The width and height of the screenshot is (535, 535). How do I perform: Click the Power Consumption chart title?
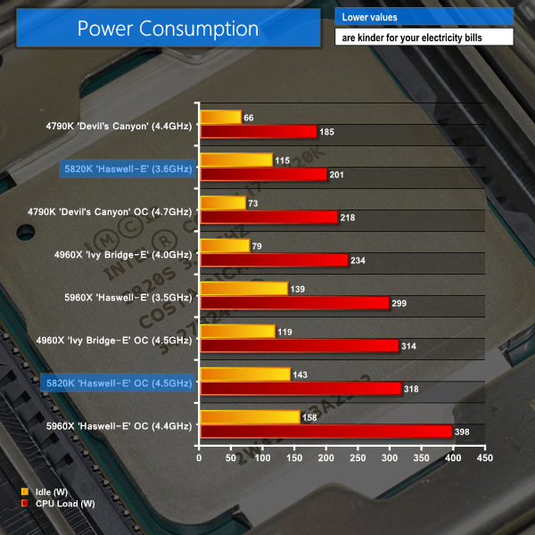tap(168, 29)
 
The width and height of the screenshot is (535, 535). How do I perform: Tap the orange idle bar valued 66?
tap(221, 117)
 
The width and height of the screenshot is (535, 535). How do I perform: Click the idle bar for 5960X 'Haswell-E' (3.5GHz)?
tap(243, 288)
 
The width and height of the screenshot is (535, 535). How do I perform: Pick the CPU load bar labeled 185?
tap(259, 132)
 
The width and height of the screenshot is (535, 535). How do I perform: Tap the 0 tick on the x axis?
tap(200, 459)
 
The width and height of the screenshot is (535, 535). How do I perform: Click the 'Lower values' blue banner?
tap(424, 17)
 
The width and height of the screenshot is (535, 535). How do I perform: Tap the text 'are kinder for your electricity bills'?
tap(424, 37)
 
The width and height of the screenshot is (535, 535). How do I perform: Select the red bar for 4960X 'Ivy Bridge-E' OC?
tap(299, 346)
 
